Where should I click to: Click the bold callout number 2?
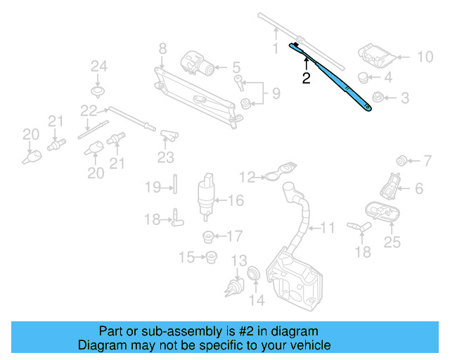306,79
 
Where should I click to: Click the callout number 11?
328,228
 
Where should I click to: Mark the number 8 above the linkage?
162,49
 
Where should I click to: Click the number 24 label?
98,67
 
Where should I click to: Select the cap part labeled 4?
364,77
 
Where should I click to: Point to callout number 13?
239,260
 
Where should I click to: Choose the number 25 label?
392,243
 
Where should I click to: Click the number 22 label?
88,110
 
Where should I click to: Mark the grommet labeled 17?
209,236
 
